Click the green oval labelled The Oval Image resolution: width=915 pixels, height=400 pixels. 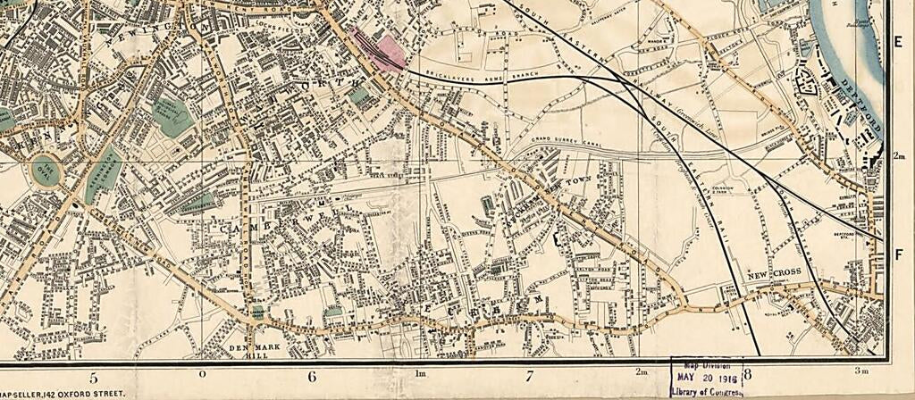(x=46, y=169)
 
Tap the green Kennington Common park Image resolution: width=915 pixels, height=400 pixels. (x=103, y=176)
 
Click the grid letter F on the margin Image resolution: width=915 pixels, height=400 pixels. (x=900, y=254)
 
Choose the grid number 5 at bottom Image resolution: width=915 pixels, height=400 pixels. (x=93, y=377)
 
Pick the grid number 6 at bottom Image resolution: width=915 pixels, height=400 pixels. (x=312, y=377)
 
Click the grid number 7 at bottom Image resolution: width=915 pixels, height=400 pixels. (x=529, y=377)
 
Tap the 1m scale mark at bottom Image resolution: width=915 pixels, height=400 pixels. (x=420, y=372)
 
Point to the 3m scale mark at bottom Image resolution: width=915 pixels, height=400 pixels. (x=862, y=371)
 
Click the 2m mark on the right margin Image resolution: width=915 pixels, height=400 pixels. (x=900, y=156)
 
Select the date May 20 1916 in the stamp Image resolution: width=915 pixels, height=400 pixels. (x=706, y=376)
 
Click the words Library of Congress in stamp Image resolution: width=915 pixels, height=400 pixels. (x=706, y=390)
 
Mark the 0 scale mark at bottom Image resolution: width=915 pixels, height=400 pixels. (x=202, y=372)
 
